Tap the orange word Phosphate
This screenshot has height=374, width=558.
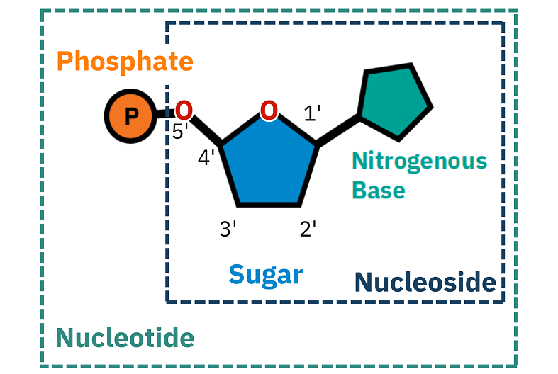click(125, 62)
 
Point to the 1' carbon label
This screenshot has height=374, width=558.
click(312, 113)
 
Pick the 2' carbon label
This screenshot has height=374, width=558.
click(308, 229)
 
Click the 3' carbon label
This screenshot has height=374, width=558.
click(227, 229)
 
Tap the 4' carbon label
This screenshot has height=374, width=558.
click(206, 157)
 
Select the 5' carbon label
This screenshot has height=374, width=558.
click(180, 132)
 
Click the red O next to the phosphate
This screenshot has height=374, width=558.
click(183, 110)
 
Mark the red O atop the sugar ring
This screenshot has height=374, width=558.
click(268, 110)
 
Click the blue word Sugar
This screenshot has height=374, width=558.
click(265, 274)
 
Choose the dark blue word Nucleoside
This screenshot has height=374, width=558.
click(425, 283)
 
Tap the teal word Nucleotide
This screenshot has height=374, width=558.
click(125, 338)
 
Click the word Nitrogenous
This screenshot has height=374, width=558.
click(419, 161)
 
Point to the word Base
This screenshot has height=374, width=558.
click(379, 190)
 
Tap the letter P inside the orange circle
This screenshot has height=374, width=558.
click(129, 116)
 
